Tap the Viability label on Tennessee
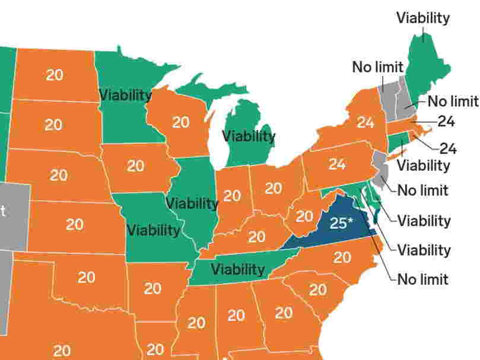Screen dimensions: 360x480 [x=237, y=269]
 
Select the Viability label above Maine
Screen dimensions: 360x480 [x=423, y=18]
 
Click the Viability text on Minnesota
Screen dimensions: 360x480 [x=125, y=95]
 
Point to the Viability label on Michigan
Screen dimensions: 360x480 [x=249, y=136]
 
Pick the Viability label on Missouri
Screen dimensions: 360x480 [x=154, y=230]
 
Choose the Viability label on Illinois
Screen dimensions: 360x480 [x=192, y=203]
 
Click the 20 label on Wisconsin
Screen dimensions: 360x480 [x=181, y=122]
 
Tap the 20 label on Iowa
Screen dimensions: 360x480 [x=135, y=165]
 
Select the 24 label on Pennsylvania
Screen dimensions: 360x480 [x=337, y=164]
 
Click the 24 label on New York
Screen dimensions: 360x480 [x=365, y=123]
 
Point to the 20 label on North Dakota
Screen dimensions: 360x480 [x=55, y=75]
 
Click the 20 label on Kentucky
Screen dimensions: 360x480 [x=256, y=237]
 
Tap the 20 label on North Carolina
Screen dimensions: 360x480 [x=342, y=257]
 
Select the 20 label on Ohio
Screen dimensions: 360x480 [x=273, y=188]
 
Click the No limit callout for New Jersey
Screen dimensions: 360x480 [x=422, y=190]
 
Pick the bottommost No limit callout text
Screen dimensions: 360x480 [x=422, y=279]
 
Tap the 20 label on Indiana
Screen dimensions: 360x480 [x=232, y=195]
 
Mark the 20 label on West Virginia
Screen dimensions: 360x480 [x=304, y=216]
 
